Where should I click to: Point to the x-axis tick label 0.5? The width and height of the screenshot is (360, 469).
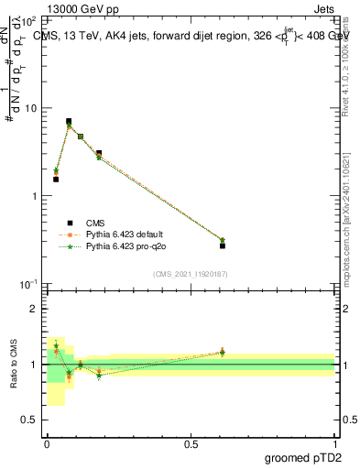coord(190,444)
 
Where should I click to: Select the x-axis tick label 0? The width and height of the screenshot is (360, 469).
coord(47,444)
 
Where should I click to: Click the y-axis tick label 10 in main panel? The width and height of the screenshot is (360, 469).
coord(30,108)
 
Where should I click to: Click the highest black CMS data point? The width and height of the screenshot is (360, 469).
coord(69,121)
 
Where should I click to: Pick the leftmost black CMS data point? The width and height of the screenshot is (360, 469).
coord(56,179)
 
